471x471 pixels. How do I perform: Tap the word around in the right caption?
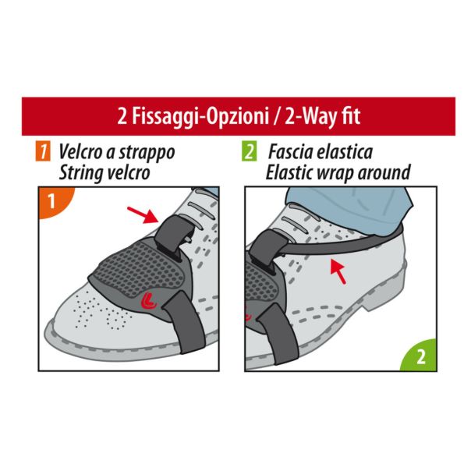coord(381,172)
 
